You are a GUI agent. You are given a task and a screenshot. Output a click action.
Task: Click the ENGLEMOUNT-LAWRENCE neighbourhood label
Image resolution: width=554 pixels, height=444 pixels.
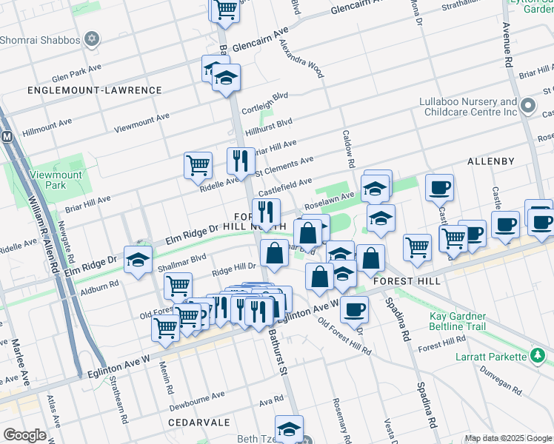(x=94, y=90)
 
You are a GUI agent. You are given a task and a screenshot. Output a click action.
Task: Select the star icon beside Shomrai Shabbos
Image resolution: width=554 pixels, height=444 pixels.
(x=93, y=38)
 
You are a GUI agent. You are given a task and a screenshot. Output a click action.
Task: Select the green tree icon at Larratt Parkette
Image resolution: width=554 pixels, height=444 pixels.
(x=539, y=356)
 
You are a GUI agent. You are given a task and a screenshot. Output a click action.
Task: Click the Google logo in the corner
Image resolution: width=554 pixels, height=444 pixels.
(x=24, y=435)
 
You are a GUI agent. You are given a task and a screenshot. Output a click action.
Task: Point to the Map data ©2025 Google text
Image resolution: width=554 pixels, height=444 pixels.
(x=507, y=438)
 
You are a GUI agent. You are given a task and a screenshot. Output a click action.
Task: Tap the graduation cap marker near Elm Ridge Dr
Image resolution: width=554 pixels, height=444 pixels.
(x=138, y=260)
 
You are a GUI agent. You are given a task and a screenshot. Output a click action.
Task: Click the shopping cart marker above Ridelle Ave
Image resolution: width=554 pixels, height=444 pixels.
(x=198, y=165)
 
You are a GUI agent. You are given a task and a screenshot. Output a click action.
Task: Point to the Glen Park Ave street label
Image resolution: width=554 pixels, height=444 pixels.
(x=76, y=77)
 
